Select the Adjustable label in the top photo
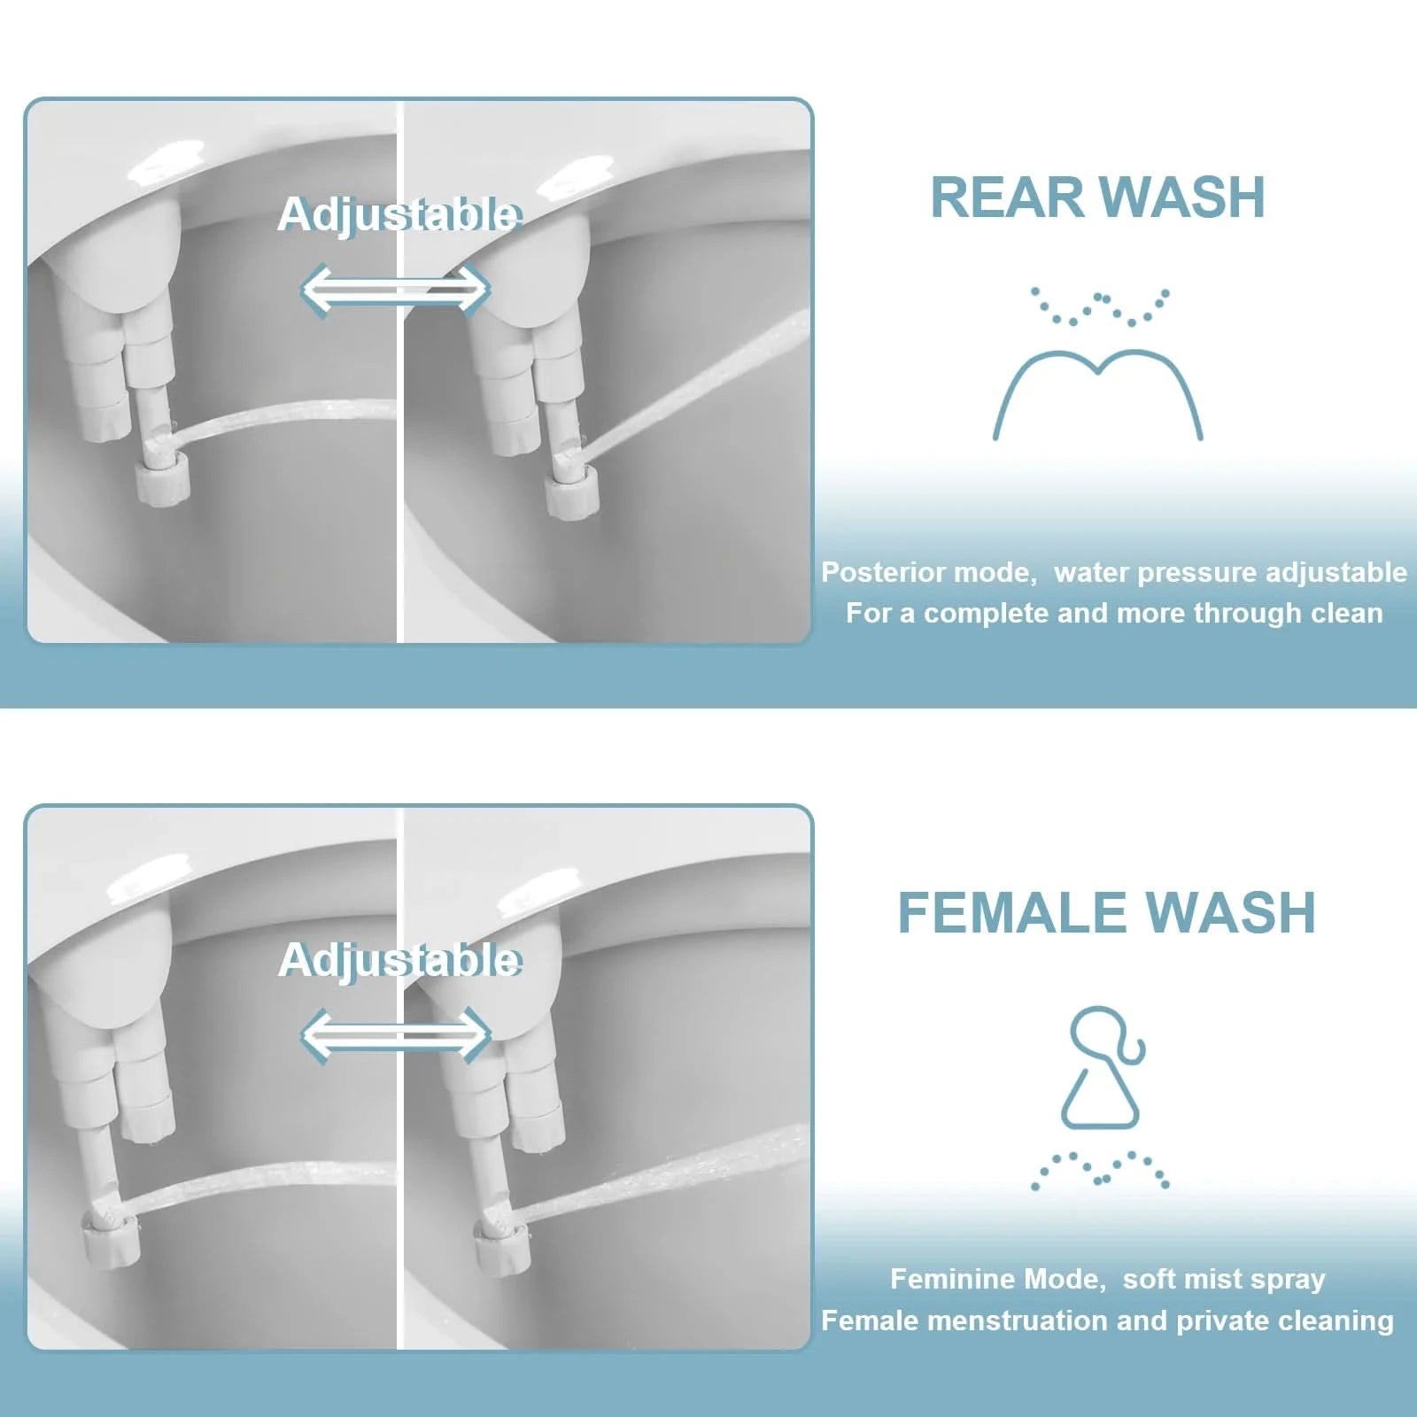[x=399, y=214]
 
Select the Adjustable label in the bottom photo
[x=399, y=960]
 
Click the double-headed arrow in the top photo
[x=395, y=289]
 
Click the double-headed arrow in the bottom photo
[x=395, y=1035]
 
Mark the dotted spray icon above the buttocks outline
[x=1099, y=306]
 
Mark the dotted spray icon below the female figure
[x=1100, y=1169]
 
